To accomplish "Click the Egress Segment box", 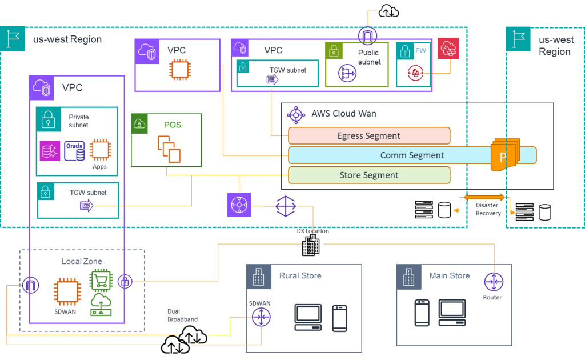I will pyautogui.click(x=369, y=136).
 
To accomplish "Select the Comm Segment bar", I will pyautogui.click(x=412, y=155).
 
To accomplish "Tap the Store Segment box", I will pyautogui.click(x=369, y=175).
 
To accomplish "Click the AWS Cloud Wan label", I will pyautogui.click(x=343, y=113).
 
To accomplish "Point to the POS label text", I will pyautogui.click(x=173, y=125).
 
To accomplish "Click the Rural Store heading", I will pyautogui.click(x=300, y=275).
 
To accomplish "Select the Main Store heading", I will pyautogui.click(x=449, y=275).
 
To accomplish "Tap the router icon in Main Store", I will pyautogui.click(x=493, y=282).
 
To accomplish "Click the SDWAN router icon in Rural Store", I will pyautogui.click(x=261, y=317).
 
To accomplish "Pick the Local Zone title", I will pyautogui.click(x=82, y=261).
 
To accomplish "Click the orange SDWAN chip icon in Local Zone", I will pyautogui.click(x=66, y=292).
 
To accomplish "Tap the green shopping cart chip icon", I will pyautogui.click(x=101, y=281).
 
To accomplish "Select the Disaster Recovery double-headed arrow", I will pyautogui.click(x=484, y=197).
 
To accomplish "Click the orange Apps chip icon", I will pyautogui.click(x=100, y=150).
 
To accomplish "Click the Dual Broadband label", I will pyautogui.click(x=182, y=315).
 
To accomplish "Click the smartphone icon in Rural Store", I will pyautogui.click(x=339, y=318).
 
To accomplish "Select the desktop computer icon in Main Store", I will pyautogui.click(x=452, y=312).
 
